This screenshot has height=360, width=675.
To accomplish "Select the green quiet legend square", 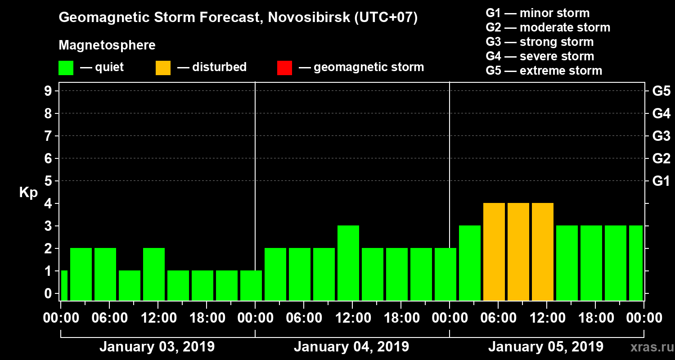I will click(x=66, y=68).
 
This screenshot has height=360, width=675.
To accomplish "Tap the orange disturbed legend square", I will click(x=163, y=68).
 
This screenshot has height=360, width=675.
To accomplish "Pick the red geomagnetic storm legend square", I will click(x=284, y=68).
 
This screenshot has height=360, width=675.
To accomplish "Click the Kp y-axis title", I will click(x=28, y=193).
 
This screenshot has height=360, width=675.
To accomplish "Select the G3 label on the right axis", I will click(x=661, y=136).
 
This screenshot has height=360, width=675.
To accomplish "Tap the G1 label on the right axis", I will click(x=661, y=181).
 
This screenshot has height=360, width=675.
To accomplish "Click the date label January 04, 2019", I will click(x=351, y=347).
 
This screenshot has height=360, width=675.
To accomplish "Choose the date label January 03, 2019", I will click(x=157, y=347).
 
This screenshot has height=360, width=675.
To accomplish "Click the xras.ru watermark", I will click(x=648, y=347).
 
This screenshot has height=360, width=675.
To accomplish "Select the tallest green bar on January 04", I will click(x=348, y=263).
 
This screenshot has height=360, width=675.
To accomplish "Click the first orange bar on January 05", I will click(x=494, y=252).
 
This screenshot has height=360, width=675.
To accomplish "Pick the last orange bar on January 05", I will click(x=543, y=252).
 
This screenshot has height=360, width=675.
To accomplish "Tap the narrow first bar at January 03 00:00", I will click(x=64, y=285).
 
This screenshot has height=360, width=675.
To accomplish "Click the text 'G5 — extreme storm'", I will click(x=544, y=71).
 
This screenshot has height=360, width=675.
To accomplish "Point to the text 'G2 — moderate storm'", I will click(x=548, y=27).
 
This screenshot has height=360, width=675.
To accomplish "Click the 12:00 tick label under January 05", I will click(x=546, y=318).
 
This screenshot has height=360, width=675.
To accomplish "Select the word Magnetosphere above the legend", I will click(x=107, y=45).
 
